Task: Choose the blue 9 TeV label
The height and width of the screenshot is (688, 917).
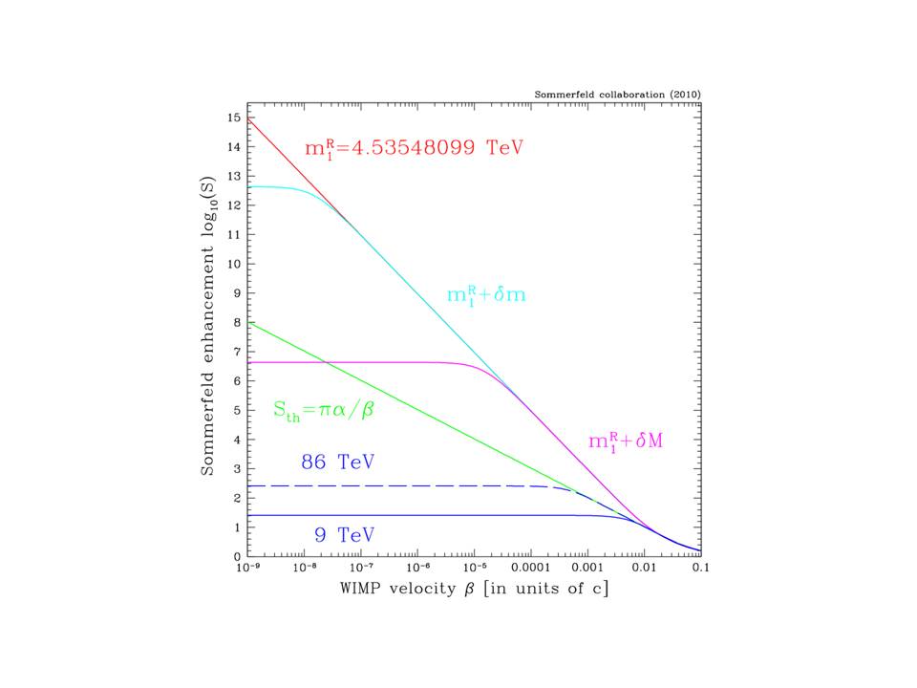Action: click(x=340, y=534)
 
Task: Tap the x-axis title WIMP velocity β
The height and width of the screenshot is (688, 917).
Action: click(x=474, y=587)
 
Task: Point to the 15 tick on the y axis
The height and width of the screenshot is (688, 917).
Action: click(x=234, y=117)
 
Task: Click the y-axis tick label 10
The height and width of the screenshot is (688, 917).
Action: click(x=234, y=263)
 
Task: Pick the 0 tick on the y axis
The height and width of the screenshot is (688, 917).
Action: click(x=237, y=556)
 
